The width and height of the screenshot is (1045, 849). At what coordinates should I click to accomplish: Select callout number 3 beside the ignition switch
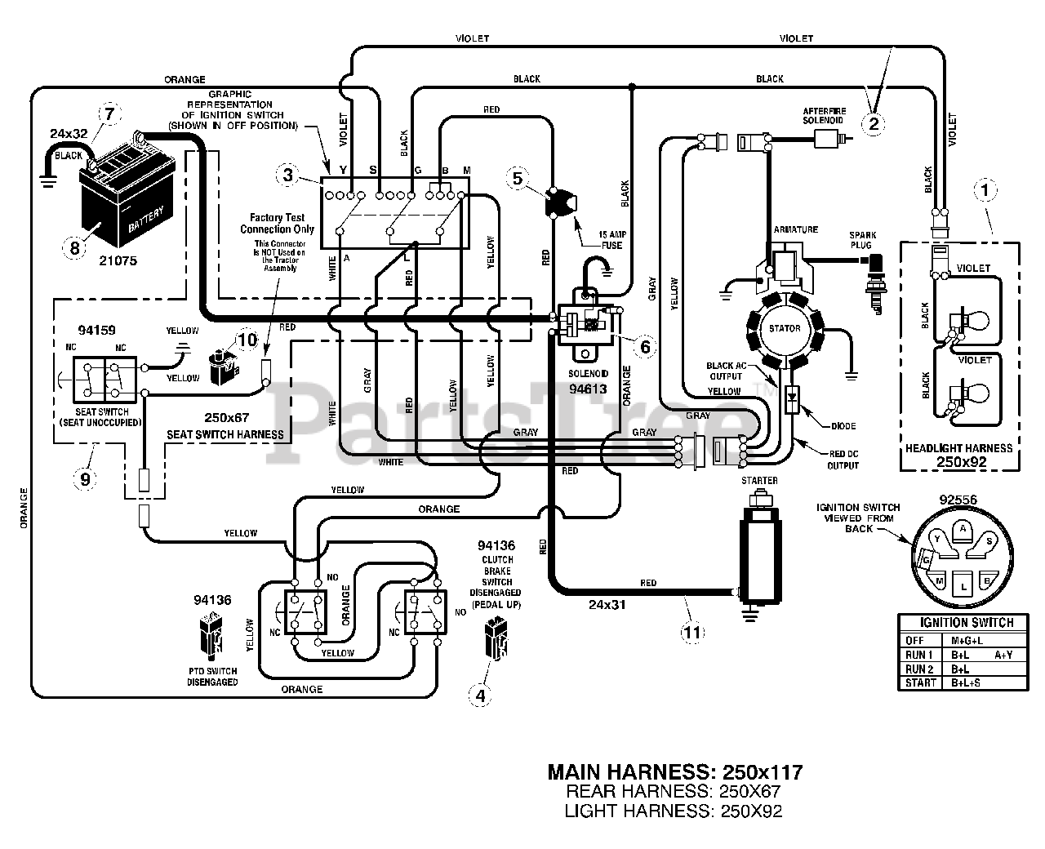tap(286, 174)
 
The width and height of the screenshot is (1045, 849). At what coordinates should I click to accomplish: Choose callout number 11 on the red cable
tap(691, 630)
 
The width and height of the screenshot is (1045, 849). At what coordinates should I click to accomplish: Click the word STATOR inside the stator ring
tap(785, 329)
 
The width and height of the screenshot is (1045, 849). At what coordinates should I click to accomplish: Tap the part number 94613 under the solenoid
tap(587, 389)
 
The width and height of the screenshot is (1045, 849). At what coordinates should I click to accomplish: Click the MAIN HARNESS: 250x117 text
tap(675, 771)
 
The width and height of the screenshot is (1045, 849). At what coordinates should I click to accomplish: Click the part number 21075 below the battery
tap(118, 261)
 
